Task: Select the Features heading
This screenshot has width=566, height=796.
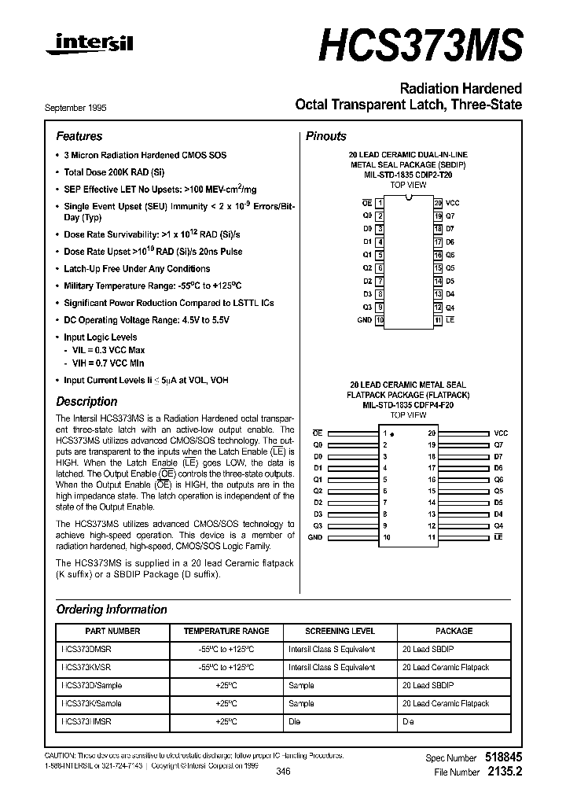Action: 79,136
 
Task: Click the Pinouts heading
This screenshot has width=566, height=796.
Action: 325,136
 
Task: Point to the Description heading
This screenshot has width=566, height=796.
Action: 86,401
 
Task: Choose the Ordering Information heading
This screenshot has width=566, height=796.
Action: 112,610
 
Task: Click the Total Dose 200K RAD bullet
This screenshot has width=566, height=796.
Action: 114,171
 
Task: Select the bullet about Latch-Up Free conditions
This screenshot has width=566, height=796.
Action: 137,269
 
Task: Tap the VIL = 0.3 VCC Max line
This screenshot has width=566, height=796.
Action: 108,350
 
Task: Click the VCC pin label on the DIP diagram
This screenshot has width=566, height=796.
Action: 453,203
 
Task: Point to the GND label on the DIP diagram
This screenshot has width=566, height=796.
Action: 364,320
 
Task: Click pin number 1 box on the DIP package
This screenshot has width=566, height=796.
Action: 380,203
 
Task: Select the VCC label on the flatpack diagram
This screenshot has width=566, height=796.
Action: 501,433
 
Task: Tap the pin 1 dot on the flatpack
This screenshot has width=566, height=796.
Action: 392,434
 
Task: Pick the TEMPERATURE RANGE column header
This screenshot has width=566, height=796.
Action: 226,631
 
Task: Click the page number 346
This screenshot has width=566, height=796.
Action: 284,772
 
